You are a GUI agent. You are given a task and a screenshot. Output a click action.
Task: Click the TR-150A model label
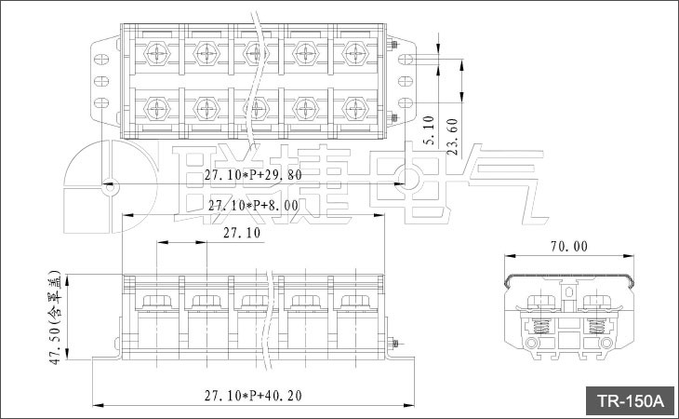(x=630, y=400)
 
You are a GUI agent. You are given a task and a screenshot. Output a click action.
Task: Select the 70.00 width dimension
(x=569, y=247)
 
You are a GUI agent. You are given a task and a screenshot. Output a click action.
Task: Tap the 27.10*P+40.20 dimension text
(x=253, y=396)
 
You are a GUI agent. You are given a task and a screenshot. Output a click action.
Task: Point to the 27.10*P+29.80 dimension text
(x=253, y=175)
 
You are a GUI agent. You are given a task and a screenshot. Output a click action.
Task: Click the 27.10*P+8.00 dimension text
(x=253, y=205)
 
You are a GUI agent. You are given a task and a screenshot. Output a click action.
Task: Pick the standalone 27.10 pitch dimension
(x=242, y=233)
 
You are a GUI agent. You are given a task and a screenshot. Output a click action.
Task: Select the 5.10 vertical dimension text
(x=429, y=130)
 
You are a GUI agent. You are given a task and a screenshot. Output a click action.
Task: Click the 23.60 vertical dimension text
(x=452, y=137)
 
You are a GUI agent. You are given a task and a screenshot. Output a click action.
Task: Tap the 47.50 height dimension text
(x=57, y=318)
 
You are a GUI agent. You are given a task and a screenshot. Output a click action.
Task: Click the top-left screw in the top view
(x=157, y=54)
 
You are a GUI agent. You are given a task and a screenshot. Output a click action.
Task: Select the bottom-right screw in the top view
(x=355, y=108)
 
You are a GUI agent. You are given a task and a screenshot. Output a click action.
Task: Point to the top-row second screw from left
(x=206, y=54)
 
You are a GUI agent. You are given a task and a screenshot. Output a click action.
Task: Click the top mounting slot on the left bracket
(x=101, y=60)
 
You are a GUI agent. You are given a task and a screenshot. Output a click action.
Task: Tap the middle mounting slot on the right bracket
(x=406, y=81)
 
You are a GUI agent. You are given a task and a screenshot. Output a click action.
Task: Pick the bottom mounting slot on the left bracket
(x=101, y=103)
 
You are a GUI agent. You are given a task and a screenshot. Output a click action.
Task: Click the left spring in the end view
(x=541, y=326)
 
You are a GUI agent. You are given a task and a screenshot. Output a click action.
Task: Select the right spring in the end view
(x=597, y=326)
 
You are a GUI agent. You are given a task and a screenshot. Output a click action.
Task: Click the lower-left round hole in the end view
(x=531, y=344)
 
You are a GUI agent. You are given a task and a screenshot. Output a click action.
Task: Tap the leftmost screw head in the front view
(x=157, y=302)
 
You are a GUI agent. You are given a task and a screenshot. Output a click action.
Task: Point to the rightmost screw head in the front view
(x=355, y=302)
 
